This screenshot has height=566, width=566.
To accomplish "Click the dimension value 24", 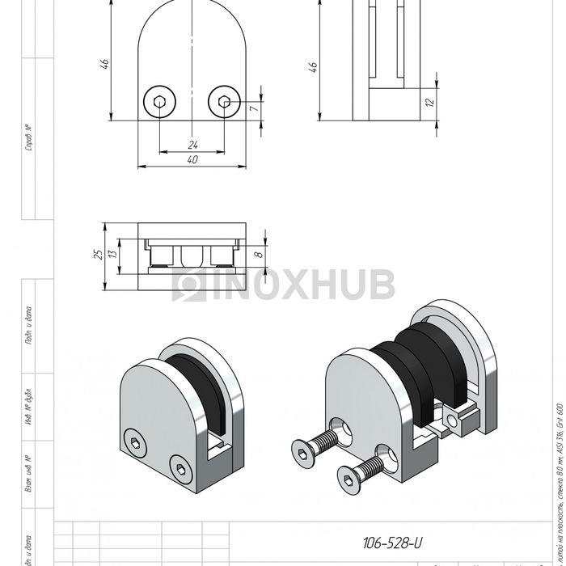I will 192,145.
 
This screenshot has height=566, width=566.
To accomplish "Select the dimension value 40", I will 192,160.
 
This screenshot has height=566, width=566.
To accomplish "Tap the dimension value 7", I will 253,107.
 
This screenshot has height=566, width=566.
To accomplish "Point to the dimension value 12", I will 429,103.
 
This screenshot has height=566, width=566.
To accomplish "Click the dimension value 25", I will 98,256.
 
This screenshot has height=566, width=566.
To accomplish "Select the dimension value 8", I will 258,255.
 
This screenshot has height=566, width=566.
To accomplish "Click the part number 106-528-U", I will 394,543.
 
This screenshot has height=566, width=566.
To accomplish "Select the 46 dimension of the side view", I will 313,67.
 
